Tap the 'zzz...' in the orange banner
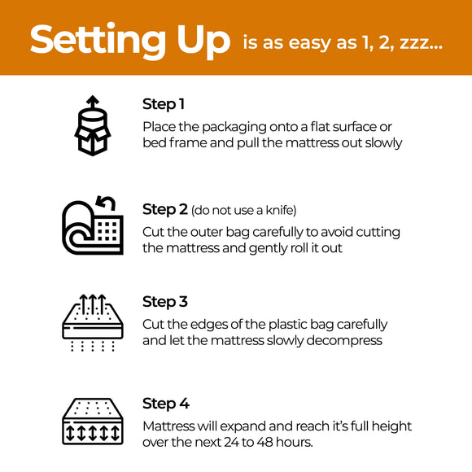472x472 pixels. point(422,43)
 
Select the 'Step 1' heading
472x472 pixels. point(164,104)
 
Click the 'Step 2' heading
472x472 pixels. point(164,210)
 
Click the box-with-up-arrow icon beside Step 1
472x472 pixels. point(92,126)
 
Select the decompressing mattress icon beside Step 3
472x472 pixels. point(92,321)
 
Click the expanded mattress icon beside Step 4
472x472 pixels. point(92,422)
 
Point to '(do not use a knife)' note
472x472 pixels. point(243,211)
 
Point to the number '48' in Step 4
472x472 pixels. point(274,443)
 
